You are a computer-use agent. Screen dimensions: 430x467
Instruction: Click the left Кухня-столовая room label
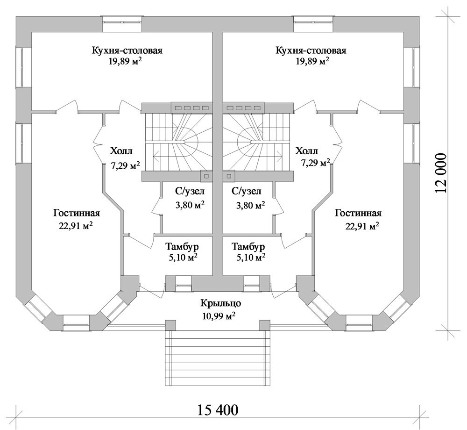click(127, 50)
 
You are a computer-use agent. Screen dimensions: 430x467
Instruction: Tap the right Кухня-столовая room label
click(311, 50)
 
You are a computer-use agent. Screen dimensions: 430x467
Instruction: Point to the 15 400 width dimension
click(218, 410)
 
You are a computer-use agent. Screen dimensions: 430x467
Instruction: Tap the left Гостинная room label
click(77, 213)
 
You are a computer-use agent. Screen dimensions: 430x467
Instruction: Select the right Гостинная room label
click(359, 213)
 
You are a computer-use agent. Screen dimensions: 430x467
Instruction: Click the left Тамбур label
click(183, 246)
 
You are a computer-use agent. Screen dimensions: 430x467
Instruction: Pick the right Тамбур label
click(248, 246)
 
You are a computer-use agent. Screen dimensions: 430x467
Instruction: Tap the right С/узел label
click(246, 191)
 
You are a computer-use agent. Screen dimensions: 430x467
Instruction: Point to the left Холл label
click(121, 151)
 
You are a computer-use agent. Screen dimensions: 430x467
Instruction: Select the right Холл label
click(306, 151)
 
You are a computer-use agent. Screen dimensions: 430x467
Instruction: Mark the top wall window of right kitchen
click(313, 21)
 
